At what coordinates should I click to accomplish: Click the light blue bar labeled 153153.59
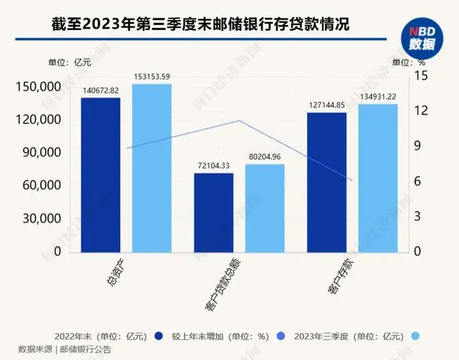(152, 169)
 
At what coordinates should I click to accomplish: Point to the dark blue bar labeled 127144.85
(326, 182)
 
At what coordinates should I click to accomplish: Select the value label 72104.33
(214, 166)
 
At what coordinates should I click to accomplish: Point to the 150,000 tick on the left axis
(38, 87)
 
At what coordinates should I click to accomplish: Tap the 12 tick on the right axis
(423, 110)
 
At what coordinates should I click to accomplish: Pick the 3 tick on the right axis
(423, 217)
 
